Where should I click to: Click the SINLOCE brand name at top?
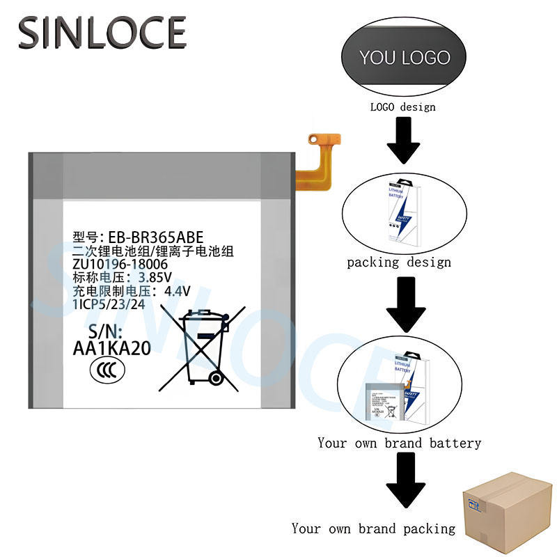(102, 33)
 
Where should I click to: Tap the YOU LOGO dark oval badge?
(405, 58)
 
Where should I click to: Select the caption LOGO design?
(402, 107)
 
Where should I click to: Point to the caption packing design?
(399, 262)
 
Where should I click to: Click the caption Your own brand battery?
(399, 443)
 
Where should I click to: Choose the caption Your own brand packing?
(373, 528)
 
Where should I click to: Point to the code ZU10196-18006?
(120, 265)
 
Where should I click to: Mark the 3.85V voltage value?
(154, 278)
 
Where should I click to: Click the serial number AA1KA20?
(111, 350)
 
